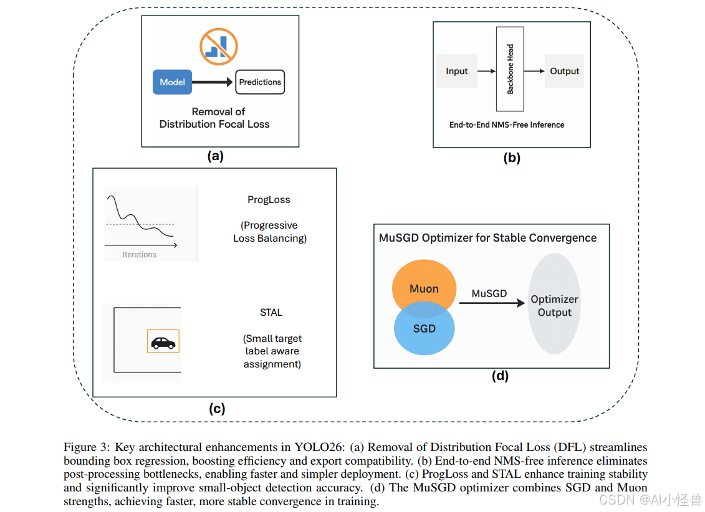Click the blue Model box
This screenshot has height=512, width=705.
tap(172, 82)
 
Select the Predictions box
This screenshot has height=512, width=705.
tap(260, 82)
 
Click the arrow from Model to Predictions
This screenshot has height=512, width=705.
tap(214, 82)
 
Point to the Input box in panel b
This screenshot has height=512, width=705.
tap(456, 72)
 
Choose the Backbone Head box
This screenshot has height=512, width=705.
tap(510, 70)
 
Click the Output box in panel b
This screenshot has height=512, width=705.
tap(564, 72)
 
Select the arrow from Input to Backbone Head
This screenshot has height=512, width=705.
tap(486, 72)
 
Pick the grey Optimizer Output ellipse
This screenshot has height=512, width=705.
tap(554, 304)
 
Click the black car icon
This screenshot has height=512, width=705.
tap(163, 342)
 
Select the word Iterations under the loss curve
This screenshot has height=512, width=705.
tap(140, 255)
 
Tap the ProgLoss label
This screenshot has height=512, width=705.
tap(269, 200)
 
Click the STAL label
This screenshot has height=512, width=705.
tap(271, 313)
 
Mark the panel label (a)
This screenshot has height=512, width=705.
tap(215, 156)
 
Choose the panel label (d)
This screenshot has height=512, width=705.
tap(500, 376)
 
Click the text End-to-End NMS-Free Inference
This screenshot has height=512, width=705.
tap(507, 125)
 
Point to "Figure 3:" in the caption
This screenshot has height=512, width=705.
tap(86, 447)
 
